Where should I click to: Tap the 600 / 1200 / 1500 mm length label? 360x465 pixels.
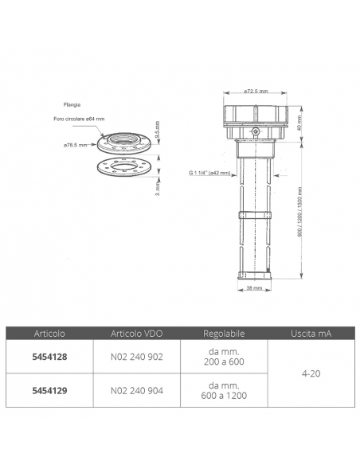pyautogui.click(x=300, y=211)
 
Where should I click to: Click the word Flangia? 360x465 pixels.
pyautogui.click(x=72, y=104)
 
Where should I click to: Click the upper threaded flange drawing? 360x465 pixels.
pyautogui.click(x=125, y=143)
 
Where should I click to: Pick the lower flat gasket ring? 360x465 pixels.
pyautogui.click(x=125, y=169)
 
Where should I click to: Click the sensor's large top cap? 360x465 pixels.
pyautogui.click(x=254, y=117)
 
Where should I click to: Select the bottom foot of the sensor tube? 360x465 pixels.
pyautogui.click(x=253, y=276)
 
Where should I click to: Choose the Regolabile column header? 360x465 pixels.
pyautogui.click(x=223, y=334)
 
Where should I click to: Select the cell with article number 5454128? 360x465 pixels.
pyautogui.click(x=49, y=358)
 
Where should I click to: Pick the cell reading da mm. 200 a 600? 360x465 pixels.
pyautogui.click(x=223, y=358)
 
